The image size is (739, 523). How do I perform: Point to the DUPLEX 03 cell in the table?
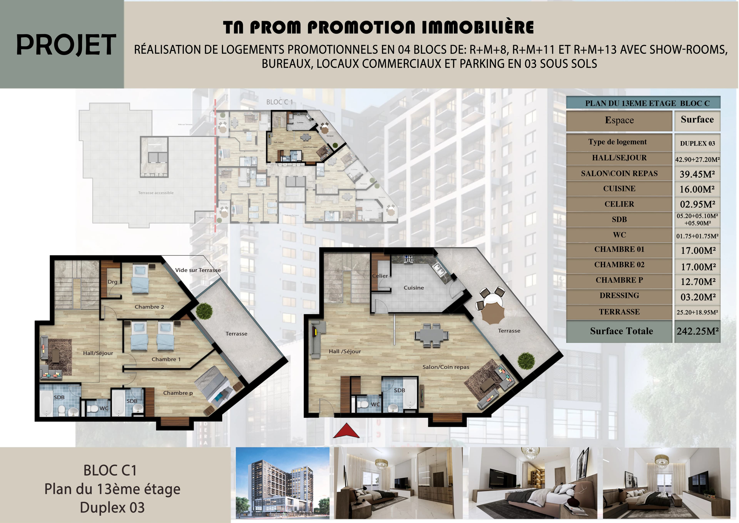click(x=697, y=143)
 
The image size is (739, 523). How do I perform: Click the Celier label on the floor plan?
click(x=380, y=276)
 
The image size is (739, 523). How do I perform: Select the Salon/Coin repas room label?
click(x=446, y=367)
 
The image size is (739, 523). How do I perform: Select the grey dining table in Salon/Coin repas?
click(x=431, y=335)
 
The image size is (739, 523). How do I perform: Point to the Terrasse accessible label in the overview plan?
click(x=156, y=193)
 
